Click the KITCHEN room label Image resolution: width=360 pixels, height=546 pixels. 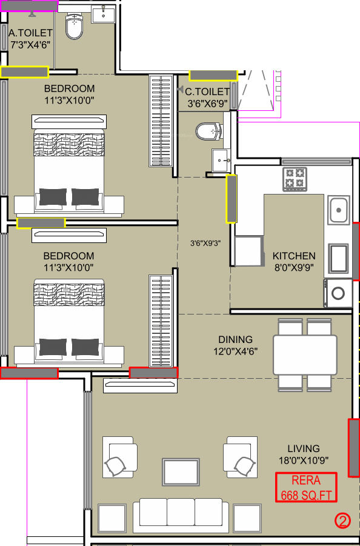click(x=294, y=256)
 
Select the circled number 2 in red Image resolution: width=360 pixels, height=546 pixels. click(x=342, y=521)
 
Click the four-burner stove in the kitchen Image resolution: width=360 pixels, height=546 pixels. click(x=295, y=179)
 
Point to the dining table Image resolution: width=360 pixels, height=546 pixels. click(x=305, y=355)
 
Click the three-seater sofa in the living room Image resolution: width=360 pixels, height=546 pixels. click(x=181, y=517)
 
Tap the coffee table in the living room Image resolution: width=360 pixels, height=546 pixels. click(x=181, y=471)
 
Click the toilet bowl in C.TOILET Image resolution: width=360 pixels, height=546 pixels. click(x=209, y=132)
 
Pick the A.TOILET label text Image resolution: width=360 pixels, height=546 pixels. click(x=31, y=33)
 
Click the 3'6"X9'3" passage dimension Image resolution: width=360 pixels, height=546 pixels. click(x=205, y=243)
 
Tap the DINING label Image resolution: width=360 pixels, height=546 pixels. click(x=235, y=339)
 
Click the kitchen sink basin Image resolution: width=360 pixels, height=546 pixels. click(x=338, y=210)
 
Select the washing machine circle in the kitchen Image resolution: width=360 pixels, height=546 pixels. click(x=338, y=293)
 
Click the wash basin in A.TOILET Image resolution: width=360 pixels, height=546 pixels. click(x=104, y=15)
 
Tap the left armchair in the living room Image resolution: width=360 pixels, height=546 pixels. click(x=120, y=457)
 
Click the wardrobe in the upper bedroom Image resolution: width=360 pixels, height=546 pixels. click(x=161, y=121)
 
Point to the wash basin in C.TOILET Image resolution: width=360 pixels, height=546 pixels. click(x=221, y=160)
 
